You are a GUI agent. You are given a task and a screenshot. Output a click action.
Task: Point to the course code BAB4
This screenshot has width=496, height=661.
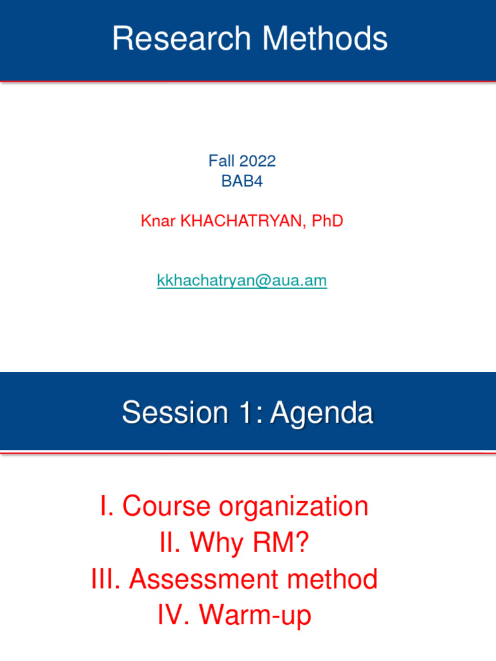pyautogui.click(x=242, y=181)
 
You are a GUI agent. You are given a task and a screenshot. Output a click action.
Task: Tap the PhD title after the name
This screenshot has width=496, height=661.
pyautogui.click(x=327, y=221)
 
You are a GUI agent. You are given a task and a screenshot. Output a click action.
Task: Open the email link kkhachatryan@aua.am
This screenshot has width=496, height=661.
pyautogui.click(x=242, y=281)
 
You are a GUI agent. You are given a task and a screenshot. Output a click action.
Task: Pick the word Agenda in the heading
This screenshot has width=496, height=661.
pyautogui.click(x=322, y=412)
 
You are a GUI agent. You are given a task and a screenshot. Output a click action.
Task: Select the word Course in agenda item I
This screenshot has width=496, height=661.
pyautogui.click(x=167, y=507)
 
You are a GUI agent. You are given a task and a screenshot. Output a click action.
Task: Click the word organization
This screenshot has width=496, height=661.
pyautogui.click(x=294, y=507)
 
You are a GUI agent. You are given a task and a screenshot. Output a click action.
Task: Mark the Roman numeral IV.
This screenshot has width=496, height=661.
pyautogui.click(x=172, y=615)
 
